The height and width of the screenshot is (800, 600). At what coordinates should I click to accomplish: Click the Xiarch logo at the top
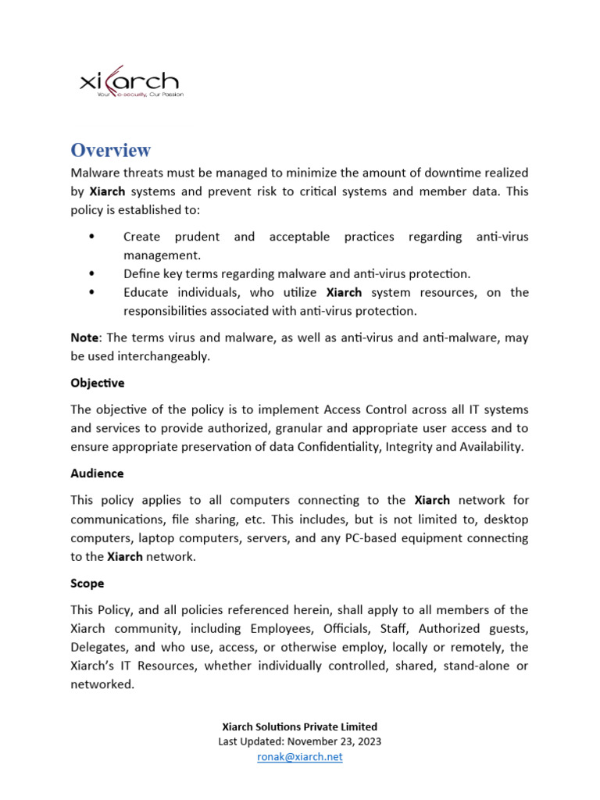coord(130,83)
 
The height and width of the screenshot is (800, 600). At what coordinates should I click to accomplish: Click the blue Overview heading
coord(110,150)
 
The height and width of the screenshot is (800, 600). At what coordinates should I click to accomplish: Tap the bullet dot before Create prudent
coord(94,237)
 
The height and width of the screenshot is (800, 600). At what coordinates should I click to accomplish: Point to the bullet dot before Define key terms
coord(94,274)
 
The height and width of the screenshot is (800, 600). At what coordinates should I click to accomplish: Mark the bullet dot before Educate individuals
coord(94,293)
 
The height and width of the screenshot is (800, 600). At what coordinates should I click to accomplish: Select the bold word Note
coord(84,337)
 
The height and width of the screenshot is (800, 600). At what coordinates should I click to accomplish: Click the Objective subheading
coord(97,383)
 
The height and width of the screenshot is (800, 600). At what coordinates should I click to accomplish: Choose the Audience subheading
coord(97,473)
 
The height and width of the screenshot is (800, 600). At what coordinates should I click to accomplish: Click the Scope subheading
coord(87,584)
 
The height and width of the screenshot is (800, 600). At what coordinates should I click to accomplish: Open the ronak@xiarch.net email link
coord(300,757)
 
